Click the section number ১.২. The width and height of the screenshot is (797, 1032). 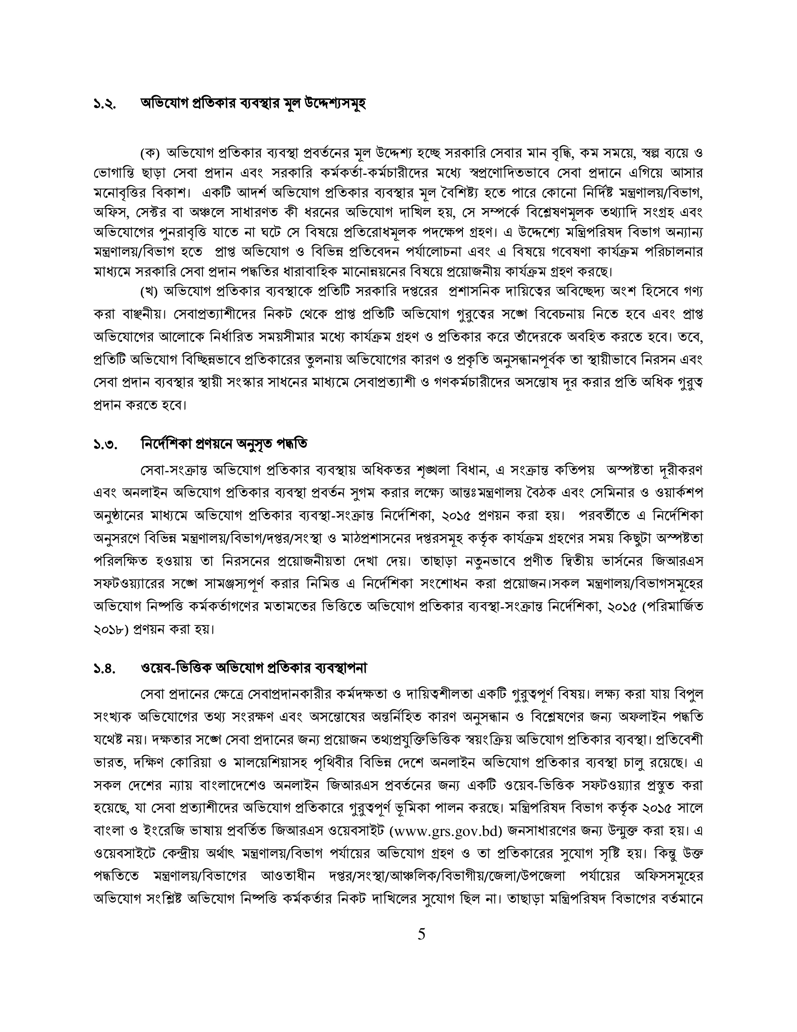(105, 103)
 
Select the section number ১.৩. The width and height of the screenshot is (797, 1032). (105, 445)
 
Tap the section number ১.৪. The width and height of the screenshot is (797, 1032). (105, 669)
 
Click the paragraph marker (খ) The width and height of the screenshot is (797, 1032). (151, 292)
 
